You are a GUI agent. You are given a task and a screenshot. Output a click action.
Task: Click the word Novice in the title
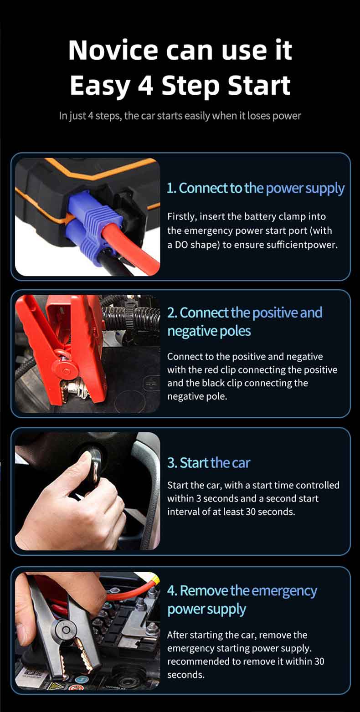113,50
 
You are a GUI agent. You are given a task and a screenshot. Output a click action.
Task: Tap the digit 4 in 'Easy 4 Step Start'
146,86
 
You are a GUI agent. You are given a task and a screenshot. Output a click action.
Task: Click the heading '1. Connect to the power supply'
256,189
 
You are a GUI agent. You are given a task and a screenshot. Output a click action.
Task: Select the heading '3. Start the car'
209,463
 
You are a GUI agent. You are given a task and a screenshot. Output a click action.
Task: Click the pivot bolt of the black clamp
66,630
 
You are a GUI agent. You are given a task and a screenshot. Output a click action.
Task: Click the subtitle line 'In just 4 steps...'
180,116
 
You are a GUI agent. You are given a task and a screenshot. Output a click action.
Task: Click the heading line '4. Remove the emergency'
242,591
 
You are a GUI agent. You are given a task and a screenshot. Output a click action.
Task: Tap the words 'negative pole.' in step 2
197,396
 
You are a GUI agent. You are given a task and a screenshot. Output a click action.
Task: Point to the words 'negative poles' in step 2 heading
209,332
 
